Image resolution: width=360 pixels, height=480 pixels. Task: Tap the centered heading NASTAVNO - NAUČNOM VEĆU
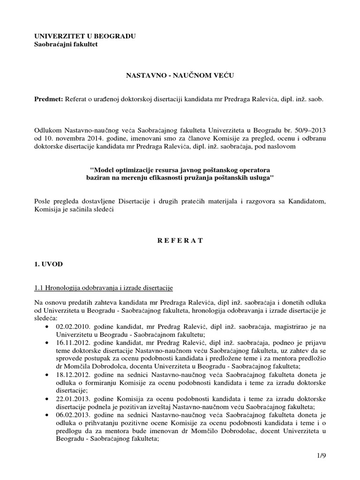(x=180, y=75)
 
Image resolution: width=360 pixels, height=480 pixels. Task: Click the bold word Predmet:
(x=49, y=100)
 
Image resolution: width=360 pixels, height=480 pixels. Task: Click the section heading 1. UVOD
(x=49, y=264)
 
